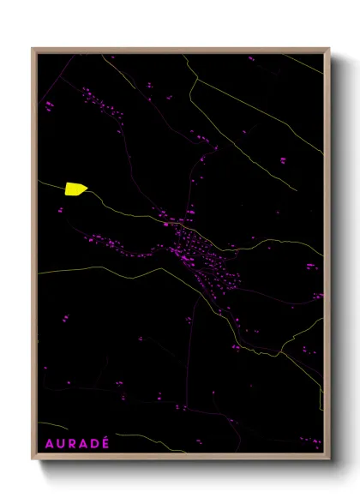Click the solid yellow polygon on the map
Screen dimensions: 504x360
pyautogui.click(x=75, y=189)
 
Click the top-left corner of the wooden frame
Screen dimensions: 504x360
pyautogui.click(x=33, y=49)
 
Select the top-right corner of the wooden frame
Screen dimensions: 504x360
pyautogui.click(x=328, y=49)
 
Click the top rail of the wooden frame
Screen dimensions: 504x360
pyautogui.click(x=180, y=50)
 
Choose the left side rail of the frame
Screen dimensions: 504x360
pyautogui.click(x=34, y=257)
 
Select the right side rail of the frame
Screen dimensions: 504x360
pyautogui.click(x=327, y=257)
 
